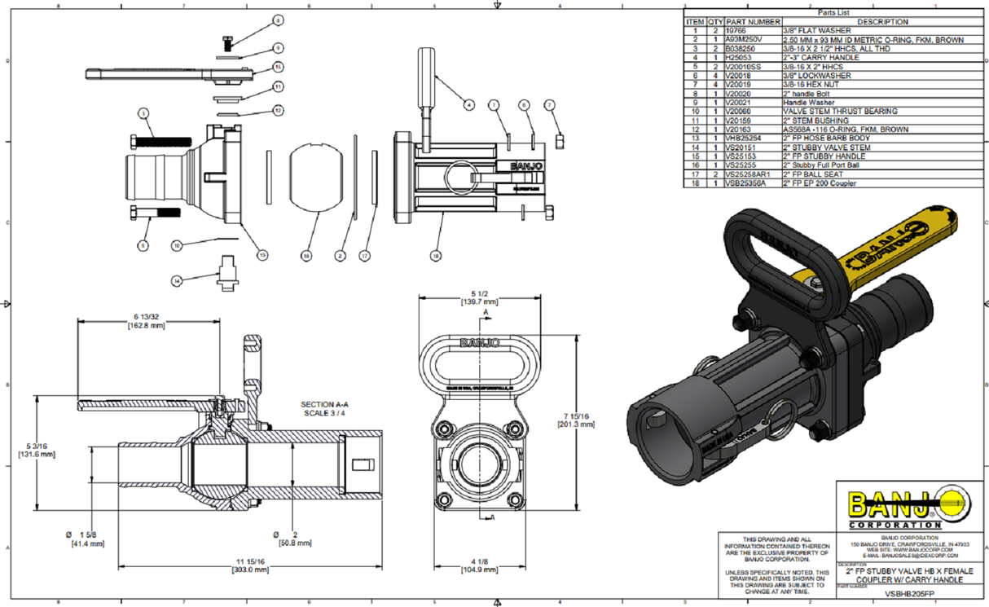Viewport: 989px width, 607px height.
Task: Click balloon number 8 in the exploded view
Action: coord(277,20)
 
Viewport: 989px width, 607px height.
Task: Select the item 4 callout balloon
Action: coord(469,104)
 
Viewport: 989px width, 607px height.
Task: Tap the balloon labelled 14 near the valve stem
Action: coord(177,280)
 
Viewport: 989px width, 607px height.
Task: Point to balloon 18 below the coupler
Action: coord(437,256)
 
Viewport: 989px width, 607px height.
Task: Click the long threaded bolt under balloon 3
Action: coord(153,140)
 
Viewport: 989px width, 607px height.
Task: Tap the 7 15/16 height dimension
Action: coord(575,420)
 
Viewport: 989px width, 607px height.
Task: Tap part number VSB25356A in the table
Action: coord(747,183)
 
